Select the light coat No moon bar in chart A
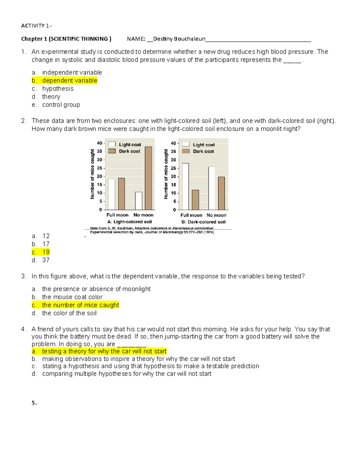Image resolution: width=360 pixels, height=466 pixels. (x=139, y=201)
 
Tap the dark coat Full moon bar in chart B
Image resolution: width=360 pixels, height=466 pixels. (x=195, y=200)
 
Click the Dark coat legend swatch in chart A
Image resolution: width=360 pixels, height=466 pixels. (x=112, y=151)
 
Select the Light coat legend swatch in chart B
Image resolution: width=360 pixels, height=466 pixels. (x=186, y=144)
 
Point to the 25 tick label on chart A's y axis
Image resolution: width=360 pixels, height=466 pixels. (x=99, y=168)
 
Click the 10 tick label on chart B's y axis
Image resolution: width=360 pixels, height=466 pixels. (x=173, y=193)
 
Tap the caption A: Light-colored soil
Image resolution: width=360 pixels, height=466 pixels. (x=130, y=222)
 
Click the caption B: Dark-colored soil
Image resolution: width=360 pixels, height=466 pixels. (x=203, y=222)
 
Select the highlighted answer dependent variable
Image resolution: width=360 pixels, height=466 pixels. (x=70, y=80)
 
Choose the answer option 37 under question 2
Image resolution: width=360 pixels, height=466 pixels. (x=46, y=260)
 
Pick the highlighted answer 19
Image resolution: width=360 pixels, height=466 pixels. (x=46, y=252)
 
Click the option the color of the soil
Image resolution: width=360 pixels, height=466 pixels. (x=69, y=313)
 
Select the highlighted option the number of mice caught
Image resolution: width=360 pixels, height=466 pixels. (x=80, y=305)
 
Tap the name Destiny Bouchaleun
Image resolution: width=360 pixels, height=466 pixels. (x=179, y=39)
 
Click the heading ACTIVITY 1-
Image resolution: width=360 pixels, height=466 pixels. (x=36, y=26)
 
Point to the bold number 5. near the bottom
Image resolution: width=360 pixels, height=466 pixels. (x=34, y=403)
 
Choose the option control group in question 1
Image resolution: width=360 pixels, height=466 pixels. (x=61, y=105)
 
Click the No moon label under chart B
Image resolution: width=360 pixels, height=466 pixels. (x=217, y=215)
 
